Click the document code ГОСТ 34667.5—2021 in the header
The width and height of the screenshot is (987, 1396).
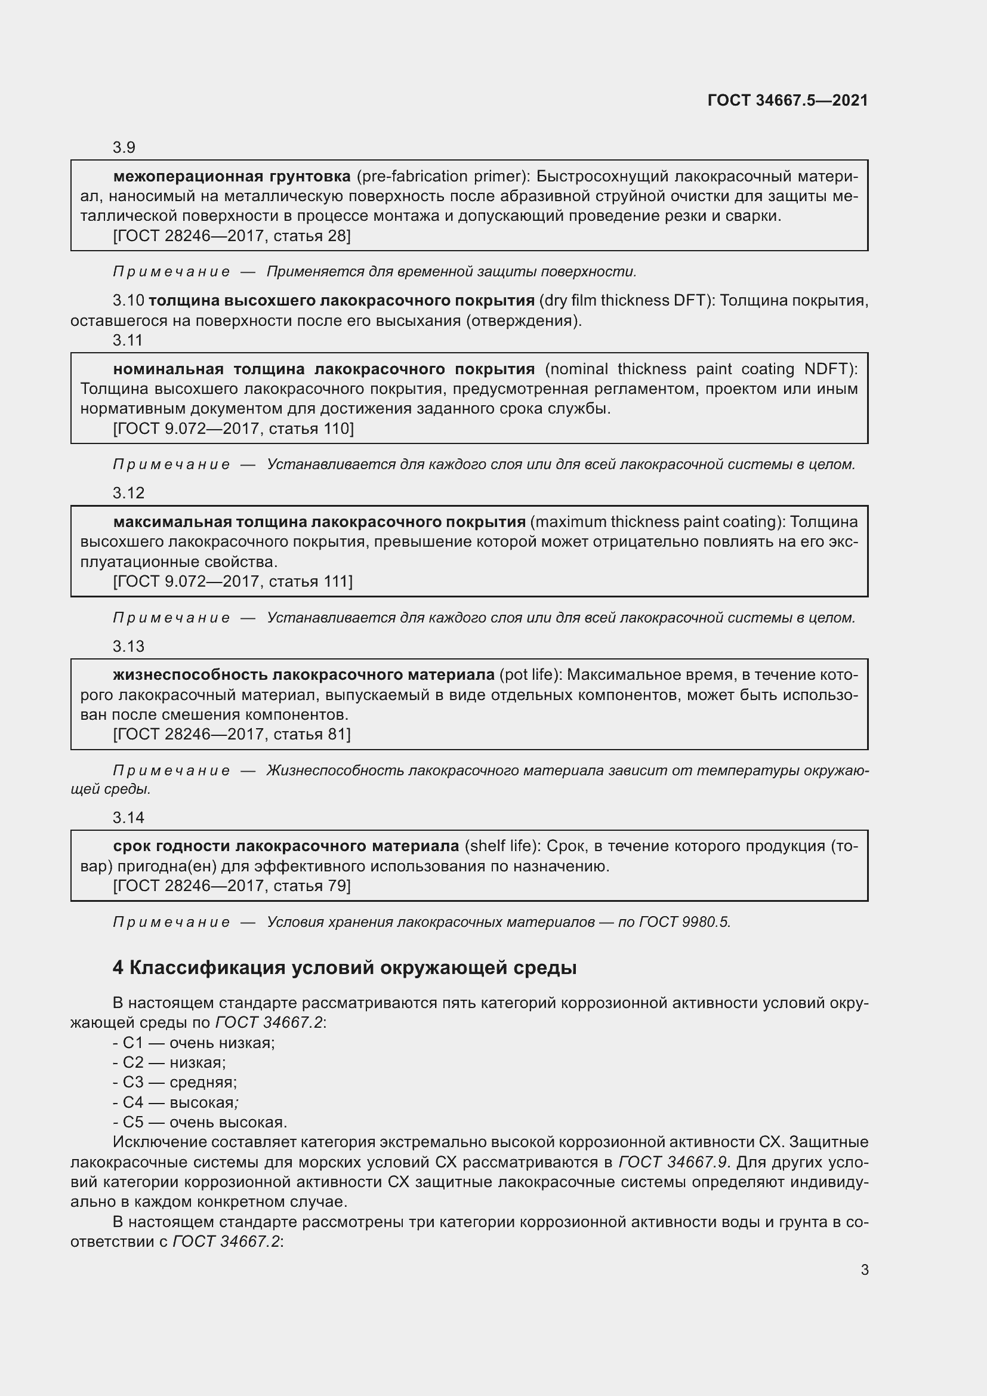pos(788,100)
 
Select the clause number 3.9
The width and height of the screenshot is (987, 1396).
pos(124,148)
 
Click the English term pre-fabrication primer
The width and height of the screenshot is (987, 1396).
pos(440,176)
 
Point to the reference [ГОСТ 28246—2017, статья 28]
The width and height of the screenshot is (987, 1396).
pos(232,236)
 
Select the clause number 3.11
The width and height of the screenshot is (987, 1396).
pos(128,340)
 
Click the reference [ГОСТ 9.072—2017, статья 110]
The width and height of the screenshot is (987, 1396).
pos(233,429)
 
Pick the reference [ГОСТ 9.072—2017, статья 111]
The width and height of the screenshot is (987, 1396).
pos(233,582)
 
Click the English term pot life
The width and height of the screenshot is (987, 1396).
pos(530,675)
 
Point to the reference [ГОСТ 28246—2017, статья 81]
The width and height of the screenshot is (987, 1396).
pos(232,735)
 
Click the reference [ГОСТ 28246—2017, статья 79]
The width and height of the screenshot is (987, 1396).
pos(232,886)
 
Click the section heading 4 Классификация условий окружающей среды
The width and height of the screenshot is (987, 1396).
pos(344,968)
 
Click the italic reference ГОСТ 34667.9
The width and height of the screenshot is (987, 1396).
pos(673,1163)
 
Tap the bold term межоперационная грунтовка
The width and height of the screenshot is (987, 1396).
pos(232,176)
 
